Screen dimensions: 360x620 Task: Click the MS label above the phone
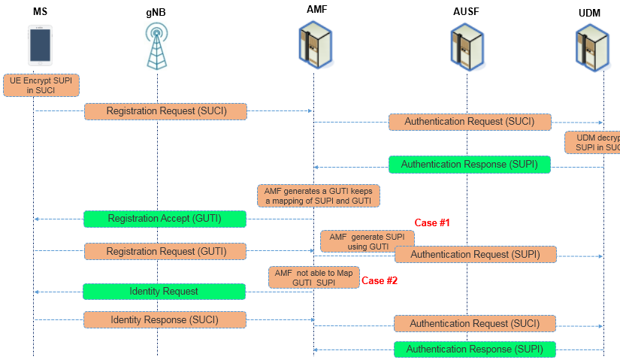(40, 12)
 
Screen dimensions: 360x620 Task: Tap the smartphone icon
(41, 45)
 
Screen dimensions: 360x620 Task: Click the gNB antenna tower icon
(156, 47)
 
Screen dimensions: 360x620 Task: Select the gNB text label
(156, 13)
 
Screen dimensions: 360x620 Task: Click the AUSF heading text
(465, 12)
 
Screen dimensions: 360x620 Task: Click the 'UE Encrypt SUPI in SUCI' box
(41, 84)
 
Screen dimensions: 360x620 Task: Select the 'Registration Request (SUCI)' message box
(165, 111)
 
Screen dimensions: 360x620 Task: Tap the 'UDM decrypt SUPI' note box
(594, 142)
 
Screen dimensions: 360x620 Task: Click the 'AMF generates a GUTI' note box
(319, 195)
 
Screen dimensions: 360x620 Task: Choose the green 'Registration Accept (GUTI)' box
(165, 219)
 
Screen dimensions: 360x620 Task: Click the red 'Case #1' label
(432, 223)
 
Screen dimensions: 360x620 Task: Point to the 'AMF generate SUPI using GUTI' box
(367, 241)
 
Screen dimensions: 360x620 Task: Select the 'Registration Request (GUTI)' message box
(165, 251)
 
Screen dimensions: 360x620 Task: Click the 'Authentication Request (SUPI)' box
(475, 254)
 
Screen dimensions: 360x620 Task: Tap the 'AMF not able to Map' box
(313, 277)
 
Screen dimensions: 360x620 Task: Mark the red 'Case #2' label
(380, 280)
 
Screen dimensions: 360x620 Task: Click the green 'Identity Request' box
(164, 291)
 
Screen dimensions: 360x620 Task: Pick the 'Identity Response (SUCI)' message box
(165, 319)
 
